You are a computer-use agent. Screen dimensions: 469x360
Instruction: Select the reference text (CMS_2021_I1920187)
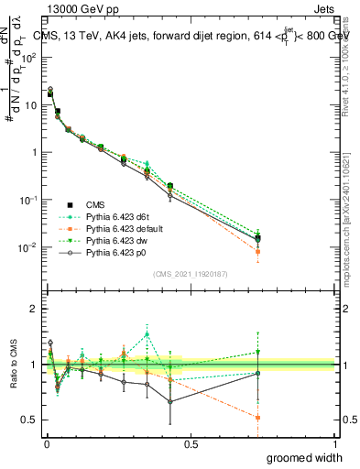pyautogui.click(x=190, y=273)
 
